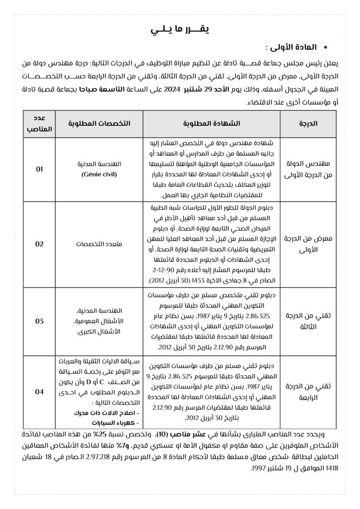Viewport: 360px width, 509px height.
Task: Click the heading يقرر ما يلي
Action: tap(180, 29)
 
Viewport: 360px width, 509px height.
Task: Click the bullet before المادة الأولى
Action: tap(325, 48)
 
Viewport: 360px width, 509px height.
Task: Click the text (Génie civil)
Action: tap(98, 175)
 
